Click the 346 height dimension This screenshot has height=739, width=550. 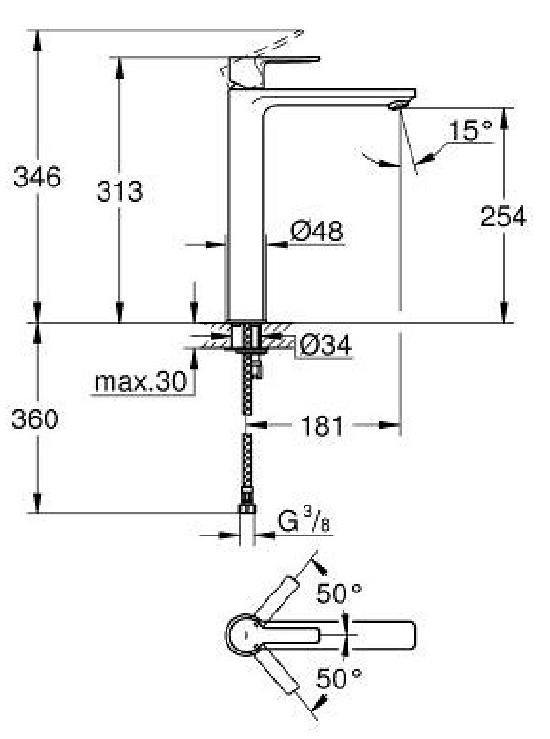point(37,177)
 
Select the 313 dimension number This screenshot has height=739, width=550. point(119,191)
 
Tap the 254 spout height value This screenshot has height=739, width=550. point(502,217)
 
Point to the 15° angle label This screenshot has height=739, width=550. point(470,130)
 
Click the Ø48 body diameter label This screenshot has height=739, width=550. point(318,231)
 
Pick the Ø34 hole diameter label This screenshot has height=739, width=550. point(325,345)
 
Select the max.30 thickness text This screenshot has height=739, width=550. point(141,381)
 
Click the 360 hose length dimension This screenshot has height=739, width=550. point(35,418)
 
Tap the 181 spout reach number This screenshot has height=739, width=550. point(322,426)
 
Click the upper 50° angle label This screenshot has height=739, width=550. point(339,593)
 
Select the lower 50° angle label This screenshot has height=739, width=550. point(339,678)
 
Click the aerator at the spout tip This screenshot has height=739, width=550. point(398,105)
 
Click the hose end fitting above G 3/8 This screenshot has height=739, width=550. point(246,502)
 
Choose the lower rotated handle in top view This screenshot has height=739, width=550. point(277,673)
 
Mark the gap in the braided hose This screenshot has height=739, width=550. point(246,424)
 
